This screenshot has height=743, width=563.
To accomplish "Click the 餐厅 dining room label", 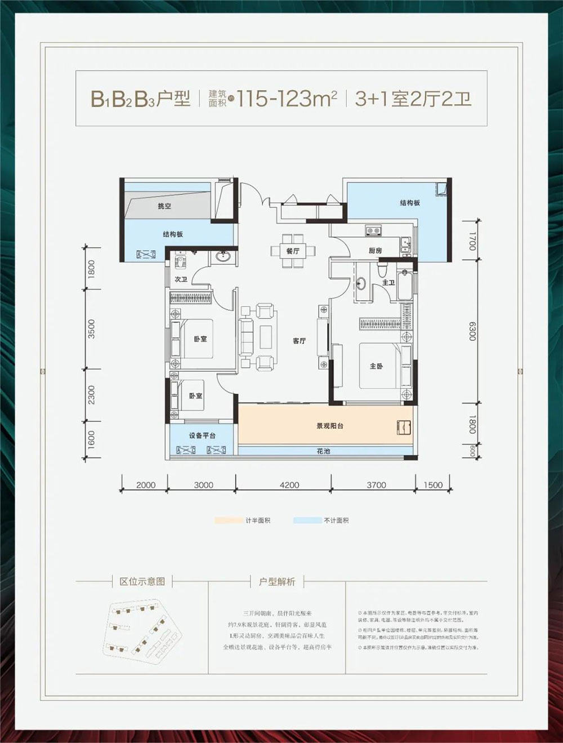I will point(292,251).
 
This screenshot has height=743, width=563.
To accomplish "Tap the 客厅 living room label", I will point(299,341).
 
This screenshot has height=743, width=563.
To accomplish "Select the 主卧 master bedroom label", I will point(376,366).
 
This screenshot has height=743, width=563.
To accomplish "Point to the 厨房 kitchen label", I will point(375,251).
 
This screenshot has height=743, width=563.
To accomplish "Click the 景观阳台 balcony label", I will point(329,426).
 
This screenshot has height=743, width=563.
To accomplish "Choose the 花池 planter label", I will point(323,451).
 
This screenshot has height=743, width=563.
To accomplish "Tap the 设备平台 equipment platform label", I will point(202,435).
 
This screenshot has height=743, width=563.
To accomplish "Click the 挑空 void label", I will point(164,207).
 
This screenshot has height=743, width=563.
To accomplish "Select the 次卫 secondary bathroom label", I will point(180,279).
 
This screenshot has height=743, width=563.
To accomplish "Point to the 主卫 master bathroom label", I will point(388,282).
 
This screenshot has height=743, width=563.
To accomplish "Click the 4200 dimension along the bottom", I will point(289,485).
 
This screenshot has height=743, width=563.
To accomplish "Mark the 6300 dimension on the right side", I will point(472,331).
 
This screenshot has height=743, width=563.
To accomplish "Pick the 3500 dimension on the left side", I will point(92,329).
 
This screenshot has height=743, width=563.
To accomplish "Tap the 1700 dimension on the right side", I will point(472,241).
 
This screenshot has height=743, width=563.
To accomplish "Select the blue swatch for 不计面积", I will point(307,520).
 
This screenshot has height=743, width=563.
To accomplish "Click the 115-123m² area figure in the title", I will point(287,99).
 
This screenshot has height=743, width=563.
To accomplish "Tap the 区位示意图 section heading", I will point(142,581).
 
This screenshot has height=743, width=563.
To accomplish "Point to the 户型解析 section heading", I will point(276,581).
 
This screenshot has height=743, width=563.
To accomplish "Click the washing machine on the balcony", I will point(403,426).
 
